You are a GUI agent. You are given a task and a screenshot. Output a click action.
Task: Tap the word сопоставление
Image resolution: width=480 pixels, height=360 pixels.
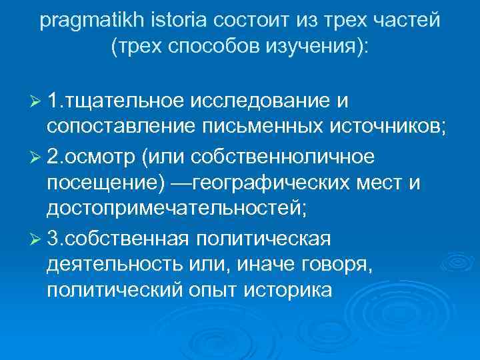(x=117, y=128)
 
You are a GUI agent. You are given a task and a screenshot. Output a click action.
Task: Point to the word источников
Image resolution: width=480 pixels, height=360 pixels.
(x=377, y=128)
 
